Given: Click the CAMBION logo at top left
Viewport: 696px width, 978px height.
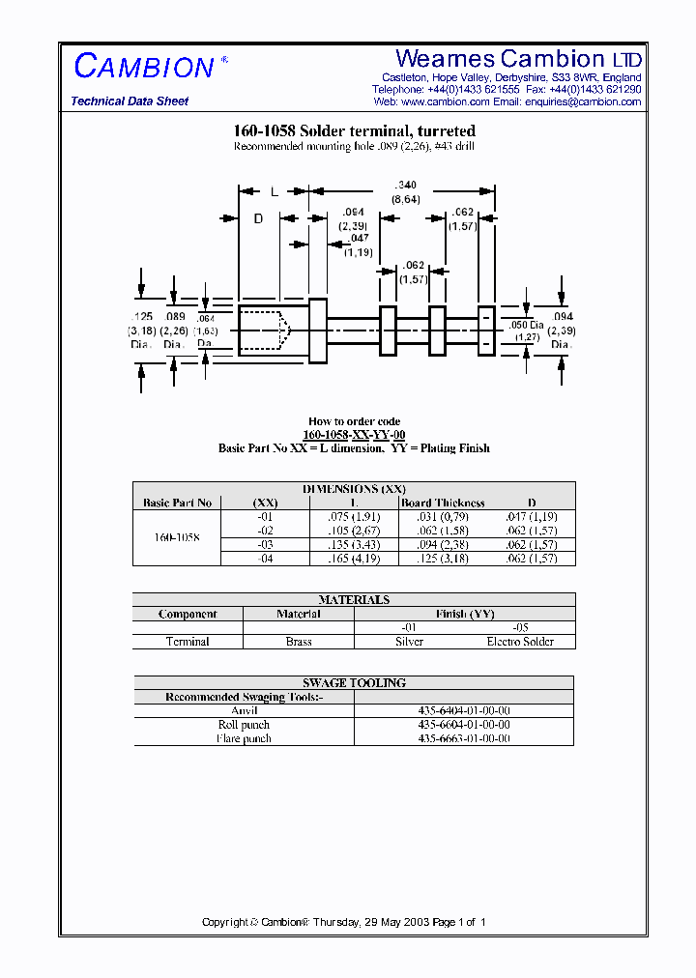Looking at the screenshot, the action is (144, 67).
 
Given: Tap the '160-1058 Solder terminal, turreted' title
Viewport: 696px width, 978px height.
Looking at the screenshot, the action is (354, 131).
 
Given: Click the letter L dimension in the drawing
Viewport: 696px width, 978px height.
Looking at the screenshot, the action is (275, 191).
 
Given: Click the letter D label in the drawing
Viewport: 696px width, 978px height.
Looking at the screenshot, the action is (258, 218).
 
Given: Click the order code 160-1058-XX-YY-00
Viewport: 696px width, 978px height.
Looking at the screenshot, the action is (354, 435).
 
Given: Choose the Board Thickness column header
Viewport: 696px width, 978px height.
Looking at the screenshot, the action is (443, 503).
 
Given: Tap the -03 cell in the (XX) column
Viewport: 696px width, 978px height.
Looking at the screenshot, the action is (266, 544).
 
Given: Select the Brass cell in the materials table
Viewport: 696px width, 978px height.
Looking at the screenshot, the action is (299, 642).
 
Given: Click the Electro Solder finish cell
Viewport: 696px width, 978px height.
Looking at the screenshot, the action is (520, 642).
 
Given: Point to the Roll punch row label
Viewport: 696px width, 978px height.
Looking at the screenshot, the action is (245, 725).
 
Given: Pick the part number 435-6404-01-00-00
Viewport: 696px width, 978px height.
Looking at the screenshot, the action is (464, 710).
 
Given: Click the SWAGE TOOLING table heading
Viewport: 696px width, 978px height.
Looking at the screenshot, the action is (354, 683).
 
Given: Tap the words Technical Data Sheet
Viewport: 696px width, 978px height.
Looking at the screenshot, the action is (130, 101).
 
